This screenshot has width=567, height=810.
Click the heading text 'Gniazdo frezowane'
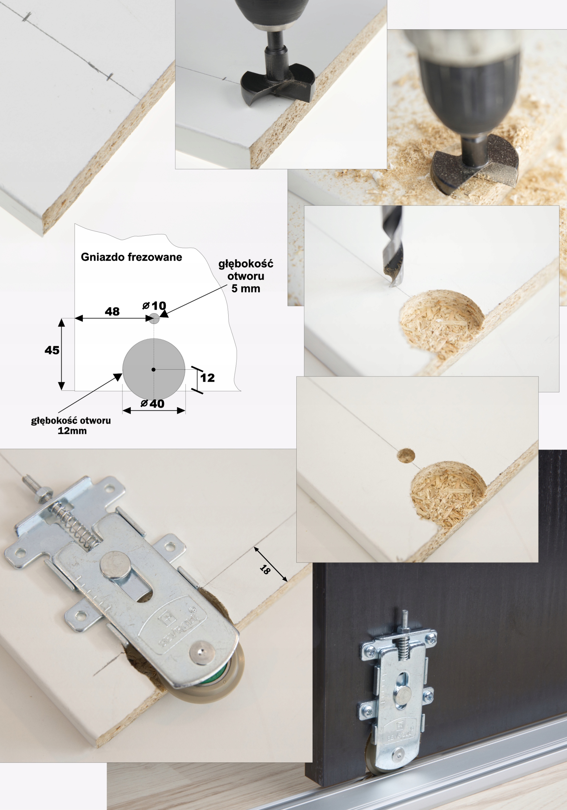[131, 257]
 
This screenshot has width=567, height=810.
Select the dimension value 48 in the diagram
[112, 312]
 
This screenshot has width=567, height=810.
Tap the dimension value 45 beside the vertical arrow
[52, 350]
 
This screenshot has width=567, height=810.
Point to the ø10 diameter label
[154, 306]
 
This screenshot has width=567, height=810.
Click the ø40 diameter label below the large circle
[153, 404]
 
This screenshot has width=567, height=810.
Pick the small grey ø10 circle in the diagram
[154, 319]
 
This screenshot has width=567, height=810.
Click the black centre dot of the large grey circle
[153, 369]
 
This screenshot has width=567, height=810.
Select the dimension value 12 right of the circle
[207, 378]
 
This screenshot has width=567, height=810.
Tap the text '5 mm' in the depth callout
[246, 289]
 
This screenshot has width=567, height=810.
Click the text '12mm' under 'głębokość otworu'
[72, 431]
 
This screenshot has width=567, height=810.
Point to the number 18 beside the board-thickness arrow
[264, 569]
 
